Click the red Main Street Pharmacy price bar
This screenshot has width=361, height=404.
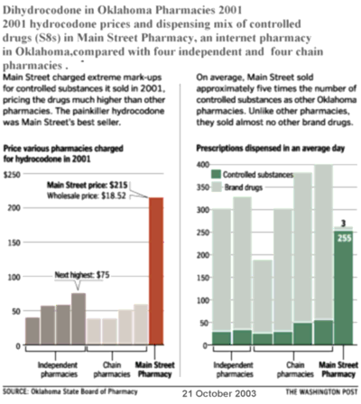(x=156, y=271)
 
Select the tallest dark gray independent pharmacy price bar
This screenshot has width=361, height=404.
(x=79, y=318)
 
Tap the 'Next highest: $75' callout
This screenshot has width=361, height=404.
(x=82, y=275)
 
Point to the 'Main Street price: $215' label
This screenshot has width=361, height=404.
(x=88, y=185)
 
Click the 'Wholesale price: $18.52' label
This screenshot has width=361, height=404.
(x=87, y=196)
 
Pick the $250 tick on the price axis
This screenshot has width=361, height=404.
(x=12, y=175)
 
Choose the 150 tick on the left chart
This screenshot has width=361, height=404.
(x=14, y=243)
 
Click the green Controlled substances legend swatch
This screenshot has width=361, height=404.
(x=216, y=174)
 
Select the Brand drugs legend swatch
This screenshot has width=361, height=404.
(x=216, y=188)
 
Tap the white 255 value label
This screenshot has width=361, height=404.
(x=344, y=238)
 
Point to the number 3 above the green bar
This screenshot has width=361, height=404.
(x=343, y=224)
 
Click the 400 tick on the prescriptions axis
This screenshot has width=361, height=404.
(x=203, y=165)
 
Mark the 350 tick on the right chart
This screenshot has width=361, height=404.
(x=203, y=188)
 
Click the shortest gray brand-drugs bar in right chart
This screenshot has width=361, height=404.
(x=263, y=297)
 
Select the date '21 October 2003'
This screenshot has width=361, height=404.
(x=219, y=393)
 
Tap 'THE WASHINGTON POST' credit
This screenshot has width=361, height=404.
(x=321, y=391)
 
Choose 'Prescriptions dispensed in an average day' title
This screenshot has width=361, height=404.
(x=271, y=148)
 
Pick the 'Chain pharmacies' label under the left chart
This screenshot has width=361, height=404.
(x=112, y=370)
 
